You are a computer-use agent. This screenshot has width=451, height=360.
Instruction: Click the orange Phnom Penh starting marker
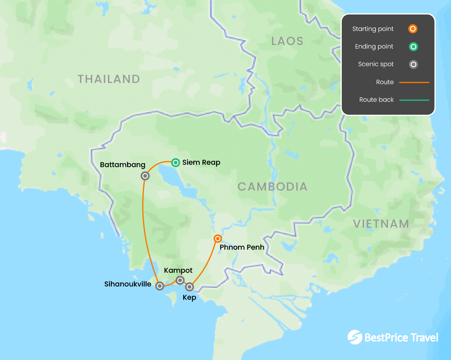pyautogui.click(x=218, y=238)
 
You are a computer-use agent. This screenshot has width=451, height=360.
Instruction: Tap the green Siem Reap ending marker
pyautogui.click(x=175, y=162)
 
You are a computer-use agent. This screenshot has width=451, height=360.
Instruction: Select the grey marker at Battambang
pyautogui.click(x=145, y=176)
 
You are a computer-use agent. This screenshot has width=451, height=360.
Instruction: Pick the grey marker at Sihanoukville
pyautogui.click(x=159, y=286)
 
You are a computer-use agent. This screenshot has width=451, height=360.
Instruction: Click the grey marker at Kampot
pyautogui.click(x=180, y=280)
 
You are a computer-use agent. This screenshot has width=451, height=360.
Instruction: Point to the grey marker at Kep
pyautogui.click(x=189, y=287)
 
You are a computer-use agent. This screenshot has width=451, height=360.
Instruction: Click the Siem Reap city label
pyautogui.click(x=201, y=162)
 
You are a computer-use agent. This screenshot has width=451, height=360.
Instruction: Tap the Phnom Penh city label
pyautogui.click(x=242, y=247)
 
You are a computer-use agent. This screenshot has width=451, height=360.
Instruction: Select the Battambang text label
pyautogui.click(x=123, y=165)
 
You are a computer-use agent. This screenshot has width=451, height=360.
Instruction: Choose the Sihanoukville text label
pyautogui.click(x=128, y=284)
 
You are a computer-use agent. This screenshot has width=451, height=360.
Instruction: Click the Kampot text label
pyautogui.click(x=178, y=270)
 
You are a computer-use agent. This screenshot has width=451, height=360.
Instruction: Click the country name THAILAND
pyautogui.click(x=109, y=79)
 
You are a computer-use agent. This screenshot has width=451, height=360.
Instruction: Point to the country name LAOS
pyautogui.click(x=287, y=41)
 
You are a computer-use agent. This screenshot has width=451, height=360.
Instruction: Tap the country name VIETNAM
pyautogui.click(x=381, y=224)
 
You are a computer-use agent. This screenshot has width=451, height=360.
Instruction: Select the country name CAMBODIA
pyautogui.click(x=272, y=187)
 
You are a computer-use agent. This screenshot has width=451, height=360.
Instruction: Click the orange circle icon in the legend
pyautogui.click(x=413, y=29)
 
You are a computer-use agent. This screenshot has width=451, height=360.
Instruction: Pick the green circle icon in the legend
pyautogui.click(x=413, y=47)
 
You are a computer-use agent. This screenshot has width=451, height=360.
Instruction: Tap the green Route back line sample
pyautogui.click(x=414, y=100)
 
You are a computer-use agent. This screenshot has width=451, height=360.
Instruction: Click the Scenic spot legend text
pyautogui.click(x=376, y=64)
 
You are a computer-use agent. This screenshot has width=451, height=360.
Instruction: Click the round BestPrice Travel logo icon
pyautogui.click(x=355, y=337)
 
